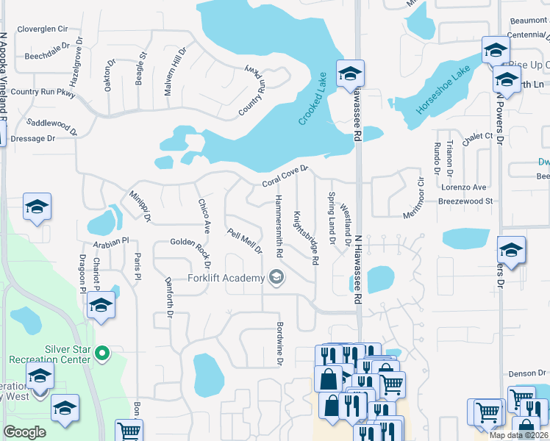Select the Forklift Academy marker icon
(276, 277)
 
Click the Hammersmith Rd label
(279, 226)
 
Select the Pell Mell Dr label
(245, 241)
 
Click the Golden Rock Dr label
(191, 252)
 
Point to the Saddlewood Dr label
(51, 127)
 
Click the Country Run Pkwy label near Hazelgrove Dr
(43, 93)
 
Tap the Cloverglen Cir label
(42, 29)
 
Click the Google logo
(24, 431)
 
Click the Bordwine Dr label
(280, 343)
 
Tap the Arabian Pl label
(110, 240)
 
